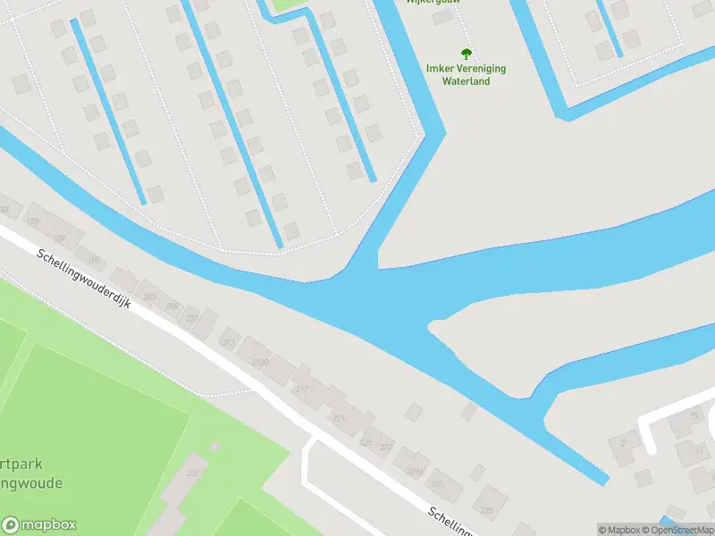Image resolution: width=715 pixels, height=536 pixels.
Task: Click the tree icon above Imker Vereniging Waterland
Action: pos(466,54)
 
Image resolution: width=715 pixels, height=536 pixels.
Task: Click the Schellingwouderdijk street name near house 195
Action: pos(84,279)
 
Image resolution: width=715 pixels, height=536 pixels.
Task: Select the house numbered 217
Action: pos(302,389)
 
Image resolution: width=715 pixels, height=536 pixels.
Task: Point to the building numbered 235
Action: pos(486,511)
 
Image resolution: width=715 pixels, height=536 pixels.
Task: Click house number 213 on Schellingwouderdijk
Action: pos(229,342)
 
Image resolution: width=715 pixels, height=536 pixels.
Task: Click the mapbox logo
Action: pos(39,525)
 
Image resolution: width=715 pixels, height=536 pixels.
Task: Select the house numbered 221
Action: pos(339,417)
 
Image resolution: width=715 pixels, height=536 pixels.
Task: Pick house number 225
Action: pos(366,441)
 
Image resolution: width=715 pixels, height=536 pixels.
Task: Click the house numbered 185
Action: pos(33,221)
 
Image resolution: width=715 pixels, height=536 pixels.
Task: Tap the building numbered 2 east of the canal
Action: pos(623,443)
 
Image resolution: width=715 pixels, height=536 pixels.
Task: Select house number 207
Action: pos(191,318)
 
